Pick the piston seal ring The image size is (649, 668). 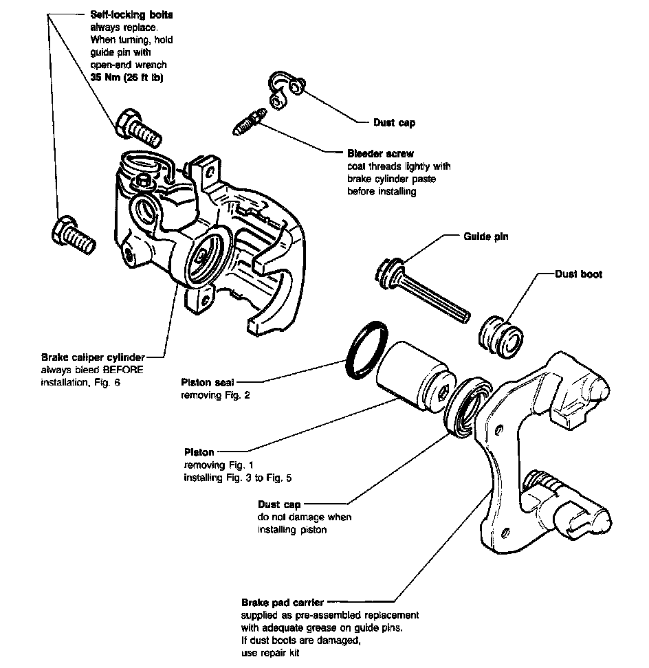coord(361,349)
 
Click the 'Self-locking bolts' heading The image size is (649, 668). coord(131,15)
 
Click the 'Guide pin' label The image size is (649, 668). coord(485,236)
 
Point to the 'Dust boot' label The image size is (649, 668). coord(578,274)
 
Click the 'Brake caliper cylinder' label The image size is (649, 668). coord(93,357)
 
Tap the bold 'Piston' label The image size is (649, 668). coord(199,452)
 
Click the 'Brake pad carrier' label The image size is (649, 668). coord(283,603)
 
